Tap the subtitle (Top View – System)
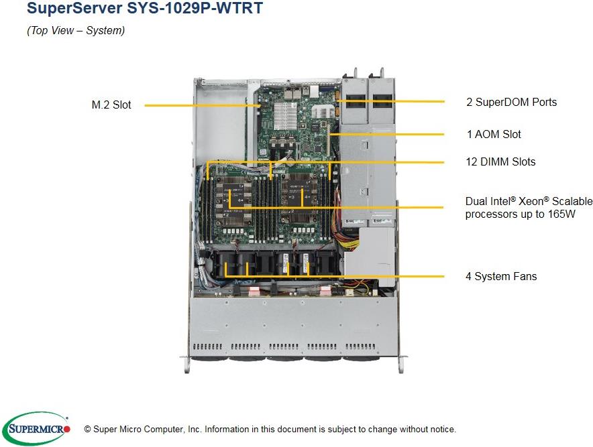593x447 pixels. [75, 31]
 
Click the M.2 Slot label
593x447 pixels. [111, 105]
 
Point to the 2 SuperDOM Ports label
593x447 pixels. [511, 102]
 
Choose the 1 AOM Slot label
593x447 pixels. [494, 134]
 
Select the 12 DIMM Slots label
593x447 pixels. [500, 162]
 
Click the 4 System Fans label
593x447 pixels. [501, 276]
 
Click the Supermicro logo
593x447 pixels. [36, 428]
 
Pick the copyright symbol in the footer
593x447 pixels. [87, 429]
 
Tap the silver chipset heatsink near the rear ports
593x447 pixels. [286, 111]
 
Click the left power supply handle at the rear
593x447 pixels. [354, 72]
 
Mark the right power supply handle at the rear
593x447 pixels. [382, 72]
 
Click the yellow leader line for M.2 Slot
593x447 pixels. [201, 105]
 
